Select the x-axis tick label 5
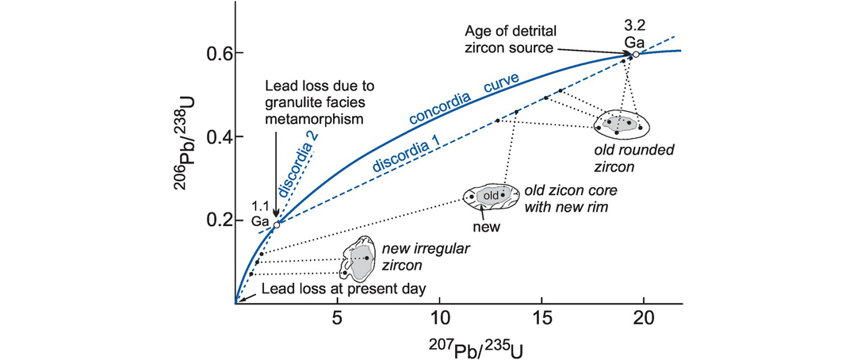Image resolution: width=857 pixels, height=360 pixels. tap(337, 319)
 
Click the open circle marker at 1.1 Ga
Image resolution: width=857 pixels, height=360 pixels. tap(276, 225)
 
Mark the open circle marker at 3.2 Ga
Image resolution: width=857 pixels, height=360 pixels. tap(636, 54)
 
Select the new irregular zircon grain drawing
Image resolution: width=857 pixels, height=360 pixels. tap(360, 259)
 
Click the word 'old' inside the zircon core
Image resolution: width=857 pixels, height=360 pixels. tap(491, 195)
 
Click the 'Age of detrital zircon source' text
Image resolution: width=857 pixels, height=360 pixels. tap(512, 40)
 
